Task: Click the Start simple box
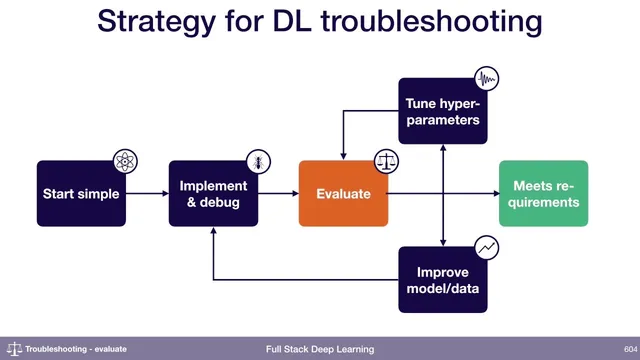[81, 193]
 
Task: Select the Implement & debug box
[212, 193]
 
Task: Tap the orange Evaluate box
[343, 193]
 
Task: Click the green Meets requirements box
[544, 193]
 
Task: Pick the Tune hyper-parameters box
[442, 111]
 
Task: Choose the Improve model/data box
[442, 279]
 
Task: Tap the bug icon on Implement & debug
[258, 161]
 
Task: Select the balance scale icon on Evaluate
[386, 161]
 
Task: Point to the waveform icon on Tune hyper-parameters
[486, 79]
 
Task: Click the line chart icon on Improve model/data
[486, 246]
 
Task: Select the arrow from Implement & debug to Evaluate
[278, 193]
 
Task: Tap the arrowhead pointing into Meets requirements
[494, 193]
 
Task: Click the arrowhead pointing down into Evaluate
[343, 155]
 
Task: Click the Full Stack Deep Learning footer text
[320, 349]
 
